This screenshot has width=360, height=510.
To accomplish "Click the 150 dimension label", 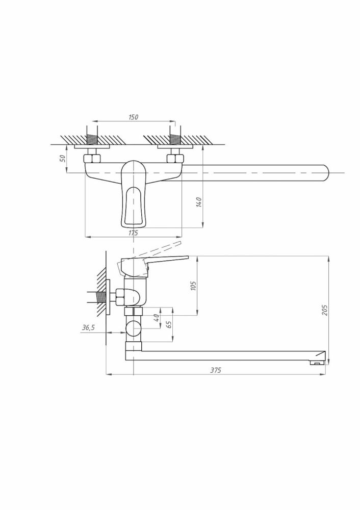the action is tap(133, 117).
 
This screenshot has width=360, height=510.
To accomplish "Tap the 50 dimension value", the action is tap(63, 159).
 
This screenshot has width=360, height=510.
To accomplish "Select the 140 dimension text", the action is tap(199, 202).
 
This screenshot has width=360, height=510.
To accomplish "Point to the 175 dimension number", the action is tap(133, 233).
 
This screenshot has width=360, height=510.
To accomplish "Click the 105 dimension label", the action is tap(193, 286).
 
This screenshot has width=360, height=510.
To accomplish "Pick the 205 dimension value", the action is tap(324, 310).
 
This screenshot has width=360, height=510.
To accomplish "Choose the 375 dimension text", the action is tap(216, 370).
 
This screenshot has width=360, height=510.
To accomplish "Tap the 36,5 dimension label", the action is tap(88, 327).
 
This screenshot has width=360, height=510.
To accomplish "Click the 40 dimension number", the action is tap(156, 317).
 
